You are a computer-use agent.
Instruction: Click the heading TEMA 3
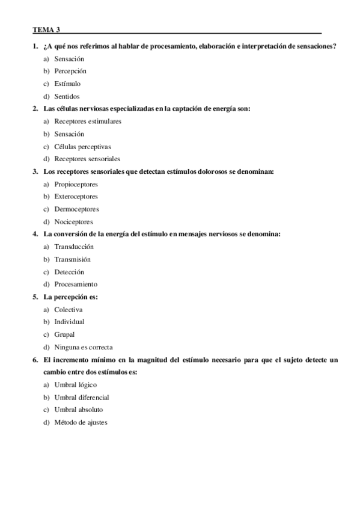(x=47, y=29)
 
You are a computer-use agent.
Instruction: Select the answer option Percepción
(x=70, y=71)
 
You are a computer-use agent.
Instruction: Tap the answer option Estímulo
(x=67, y=84)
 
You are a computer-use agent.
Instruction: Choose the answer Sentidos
(x=67, y=96)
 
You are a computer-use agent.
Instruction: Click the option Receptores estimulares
(x=88, y=121)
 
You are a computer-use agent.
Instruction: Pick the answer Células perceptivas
(x=82, y=146)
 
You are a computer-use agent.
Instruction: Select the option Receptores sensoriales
(x=87, y=159)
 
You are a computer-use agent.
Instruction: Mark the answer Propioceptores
(x=76, y=184)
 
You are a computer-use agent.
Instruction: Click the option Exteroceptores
(x=76, y=196)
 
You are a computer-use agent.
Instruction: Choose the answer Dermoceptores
(x=76, y=209)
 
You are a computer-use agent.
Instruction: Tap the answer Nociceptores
(x=73, y=222)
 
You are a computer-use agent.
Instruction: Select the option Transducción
(x=74, y=247)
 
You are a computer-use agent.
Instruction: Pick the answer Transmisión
(x=72, y=259)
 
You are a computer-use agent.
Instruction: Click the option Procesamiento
(x=76, y=284)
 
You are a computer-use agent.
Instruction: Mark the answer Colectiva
(x=69, y=309)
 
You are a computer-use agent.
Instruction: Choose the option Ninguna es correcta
(x=84, y=347)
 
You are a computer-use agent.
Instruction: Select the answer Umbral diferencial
(x=82, y=397)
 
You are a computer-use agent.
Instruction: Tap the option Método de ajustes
(x=81, y=422)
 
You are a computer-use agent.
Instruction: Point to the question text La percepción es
(x=71, y=297)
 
